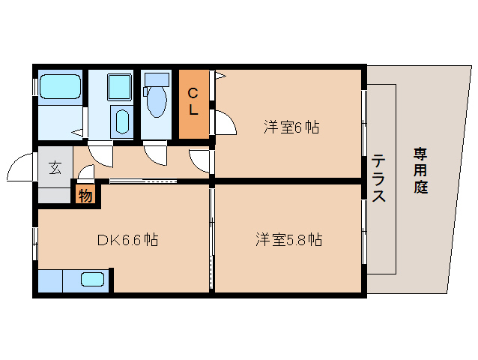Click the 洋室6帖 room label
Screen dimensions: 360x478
tap(291, 127)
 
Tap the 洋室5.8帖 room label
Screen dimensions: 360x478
tap(288, 240)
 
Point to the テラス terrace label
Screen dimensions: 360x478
tap(379, 178)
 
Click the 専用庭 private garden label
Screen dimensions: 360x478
tap(420, 171)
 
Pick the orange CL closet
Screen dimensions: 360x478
tap(193, 103)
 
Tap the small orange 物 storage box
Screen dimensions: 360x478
tap(85, 196)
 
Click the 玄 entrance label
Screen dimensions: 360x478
tap(56, 167)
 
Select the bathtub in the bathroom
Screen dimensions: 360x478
tap(59, 86)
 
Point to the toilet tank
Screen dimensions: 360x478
tap(157, 79)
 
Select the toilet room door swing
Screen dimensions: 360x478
tap(157, 152)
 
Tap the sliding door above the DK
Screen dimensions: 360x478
tap(142, 181)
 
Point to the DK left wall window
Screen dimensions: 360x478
tap(36, 241)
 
